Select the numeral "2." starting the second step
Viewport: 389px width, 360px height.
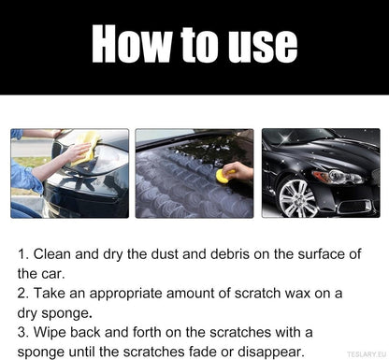coord(24,294)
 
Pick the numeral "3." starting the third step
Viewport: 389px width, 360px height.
coord(24,333)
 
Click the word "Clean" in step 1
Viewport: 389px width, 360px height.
coord(55,254)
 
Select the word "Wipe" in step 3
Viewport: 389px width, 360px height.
coord(52,333)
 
